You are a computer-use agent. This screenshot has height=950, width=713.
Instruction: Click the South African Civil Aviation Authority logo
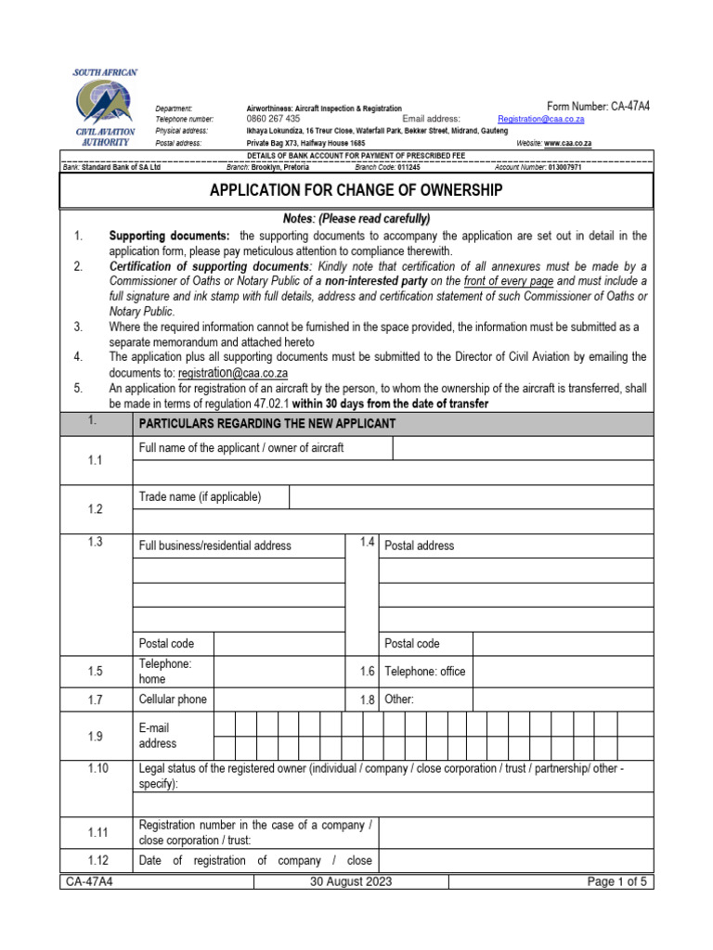(105, 109)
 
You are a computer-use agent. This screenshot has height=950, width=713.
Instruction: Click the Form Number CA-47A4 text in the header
(598, 107)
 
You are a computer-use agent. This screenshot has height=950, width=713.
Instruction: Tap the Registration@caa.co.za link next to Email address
(540, 120)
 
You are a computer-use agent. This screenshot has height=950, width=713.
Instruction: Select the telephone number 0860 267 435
(273, 120)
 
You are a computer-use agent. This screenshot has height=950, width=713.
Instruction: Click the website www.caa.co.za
(567, 144)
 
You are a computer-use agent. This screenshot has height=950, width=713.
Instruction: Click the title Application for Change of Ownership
(356, 190)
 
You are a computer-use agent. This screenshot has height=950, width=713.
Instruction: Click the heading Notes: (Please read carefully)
(356, 219)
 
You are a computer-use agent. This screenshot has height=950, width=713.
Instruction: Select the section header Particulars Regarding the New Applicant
(266, 424)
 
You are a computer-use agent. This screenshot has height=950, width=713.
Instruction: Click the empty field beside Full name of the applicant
(522, 449)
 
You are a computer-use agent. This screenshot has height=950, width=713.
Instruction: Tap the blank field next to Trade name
(471, 497)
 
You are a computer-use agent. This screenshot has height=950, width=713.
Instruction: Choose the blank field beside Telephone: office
(562, 671)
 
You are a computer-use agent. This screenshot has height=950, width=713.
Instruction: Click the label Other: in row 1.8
(399, 700)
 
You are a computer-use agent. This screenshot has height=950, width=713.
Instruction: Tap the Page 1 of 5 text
(617, 882)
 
